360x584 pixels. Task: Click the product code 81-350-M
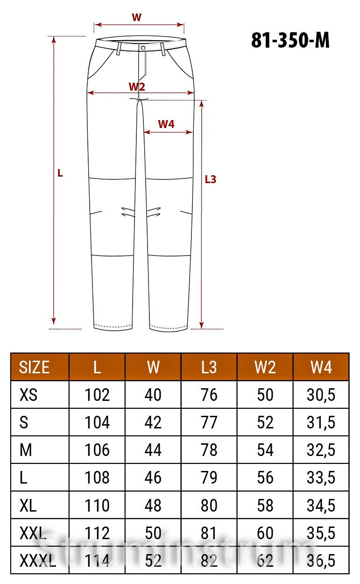[x=290, y=40]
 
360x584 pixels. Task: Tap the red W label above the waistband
[x=136, y=18]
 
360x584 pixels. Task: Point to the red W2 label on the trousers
[x=137, y=86]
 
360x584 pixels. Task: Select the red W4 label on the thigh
[x=166, y=124]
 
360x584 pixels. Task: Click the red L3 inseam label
[x=211, y=179]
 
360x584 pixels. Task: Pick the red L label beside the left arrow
[x=60, y=173]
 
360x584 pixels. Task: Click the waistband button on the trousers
[x=143, y=48]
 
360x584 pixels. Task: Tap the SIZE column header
[x=34, y=367]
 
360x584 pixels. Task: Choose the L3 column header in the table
[x=209, y=367]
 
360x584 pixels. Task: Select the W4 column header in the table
[x=321, y=367]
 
